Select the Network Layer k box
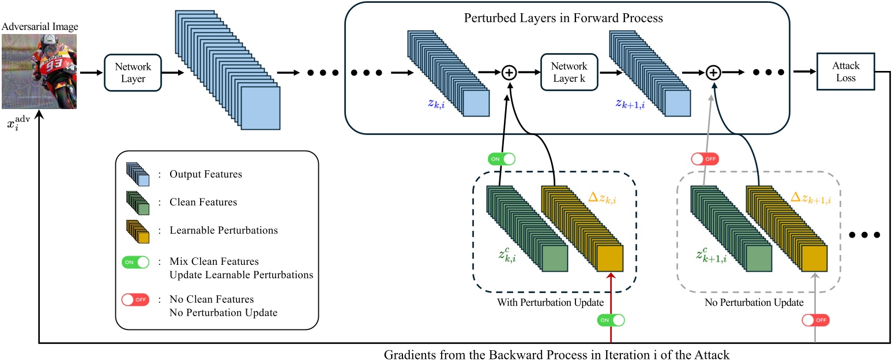[569, 72]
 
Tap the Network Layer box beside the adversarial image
[132, 73]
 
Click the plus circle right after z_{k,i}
[509, 72]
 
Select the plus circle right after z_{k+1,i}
[714, 72]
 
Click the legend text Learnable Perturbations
[224, 230]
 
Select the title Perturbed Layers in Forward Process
[563, 18]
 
